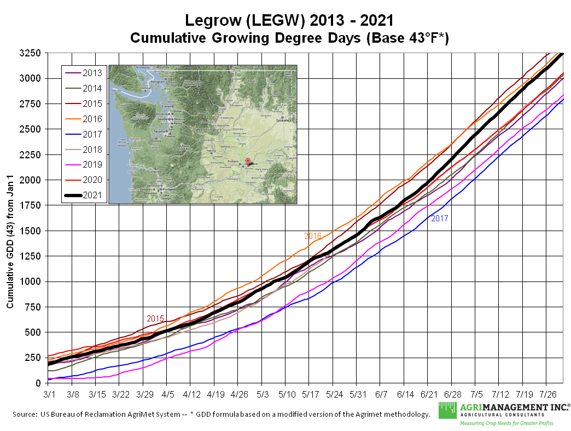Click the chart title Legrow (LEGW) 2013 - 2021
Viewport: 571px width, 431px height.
(x=289, y=20)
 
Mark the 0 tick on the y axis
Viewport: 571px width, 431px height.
(x=38, y=383)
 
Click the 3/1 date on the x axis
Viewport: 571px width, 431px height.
(x=49, y=394)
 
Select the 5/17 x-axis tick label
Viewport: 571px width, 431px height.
(x=310, y=394)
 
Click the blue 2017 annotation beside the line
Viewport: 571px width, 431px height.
(x=440, y=219)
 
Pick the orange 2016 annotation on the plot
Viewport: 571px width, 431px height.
(x=313, y=235)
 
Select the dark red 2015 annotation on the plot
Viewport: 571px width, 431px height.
(x=155, y=318)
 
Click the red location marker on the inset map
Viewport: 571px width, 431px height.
(x=248, y=161)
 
